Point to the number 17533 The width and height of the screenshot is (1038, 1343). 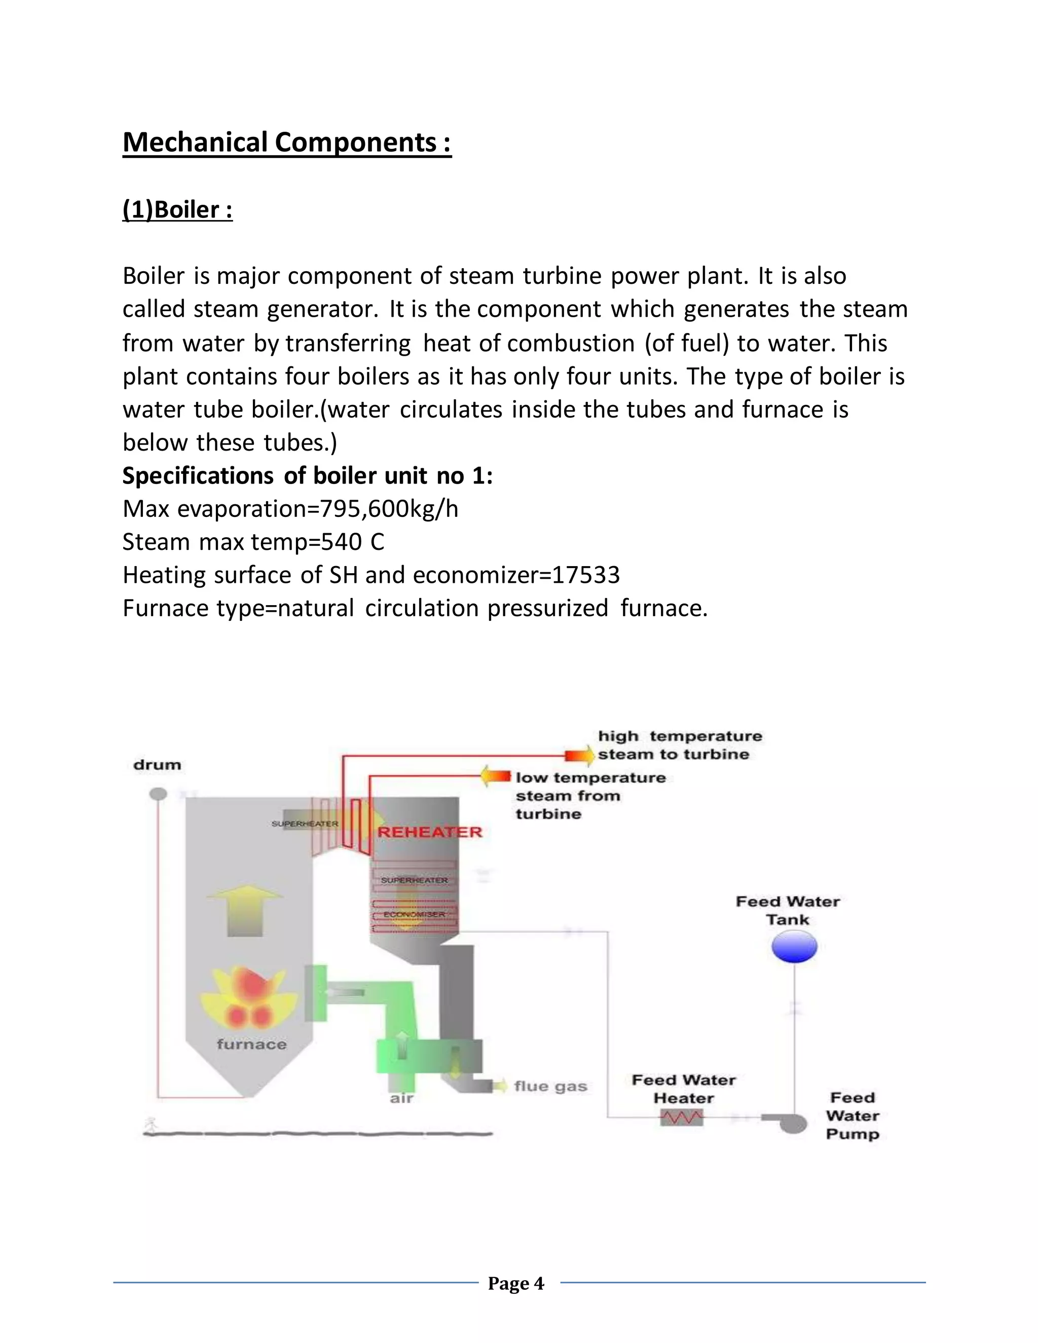586,576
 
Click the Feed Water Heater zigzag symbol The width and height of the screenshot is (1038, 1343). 681,1117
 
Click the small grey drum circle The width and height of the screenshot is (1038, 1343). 158,794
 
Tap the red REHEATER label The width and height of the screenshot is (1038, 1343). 430,833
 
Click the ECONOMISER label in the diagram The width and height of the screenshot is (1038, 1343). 414,914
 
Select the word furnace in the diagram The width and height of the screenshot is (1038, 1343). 251,1044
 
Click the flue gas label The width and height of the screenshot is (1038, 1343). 550,1087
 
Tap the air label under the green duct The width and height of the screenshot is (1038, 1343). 401,1098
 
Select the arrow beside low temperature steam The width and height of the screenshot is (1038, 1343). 496,776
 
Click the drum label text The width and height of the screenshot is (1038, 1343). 158,765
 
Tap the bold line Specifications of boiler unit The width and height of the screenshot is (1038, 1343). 308,476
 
